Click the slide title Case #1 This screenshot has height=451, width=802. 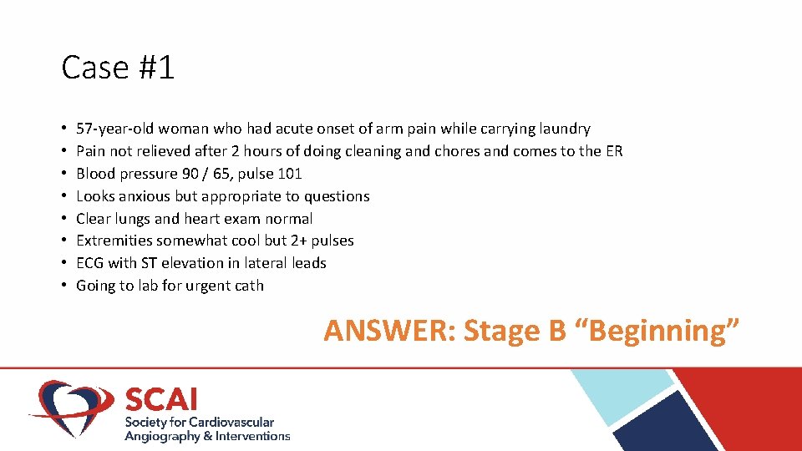tap(118, 68)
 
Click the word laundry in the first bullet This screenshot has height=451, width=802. tap(564, 129)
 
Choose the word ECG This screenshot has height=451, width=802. tap(90, 263)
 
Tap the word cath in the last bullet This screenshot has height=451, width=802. tap(248, 286)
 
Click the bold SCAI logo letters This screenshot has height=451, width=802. tap(160, 398)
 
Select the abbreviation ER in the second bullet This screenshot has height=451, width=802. tap(613, 151)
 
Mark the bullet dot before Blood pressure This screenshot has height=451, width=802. tap(64, 174)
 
